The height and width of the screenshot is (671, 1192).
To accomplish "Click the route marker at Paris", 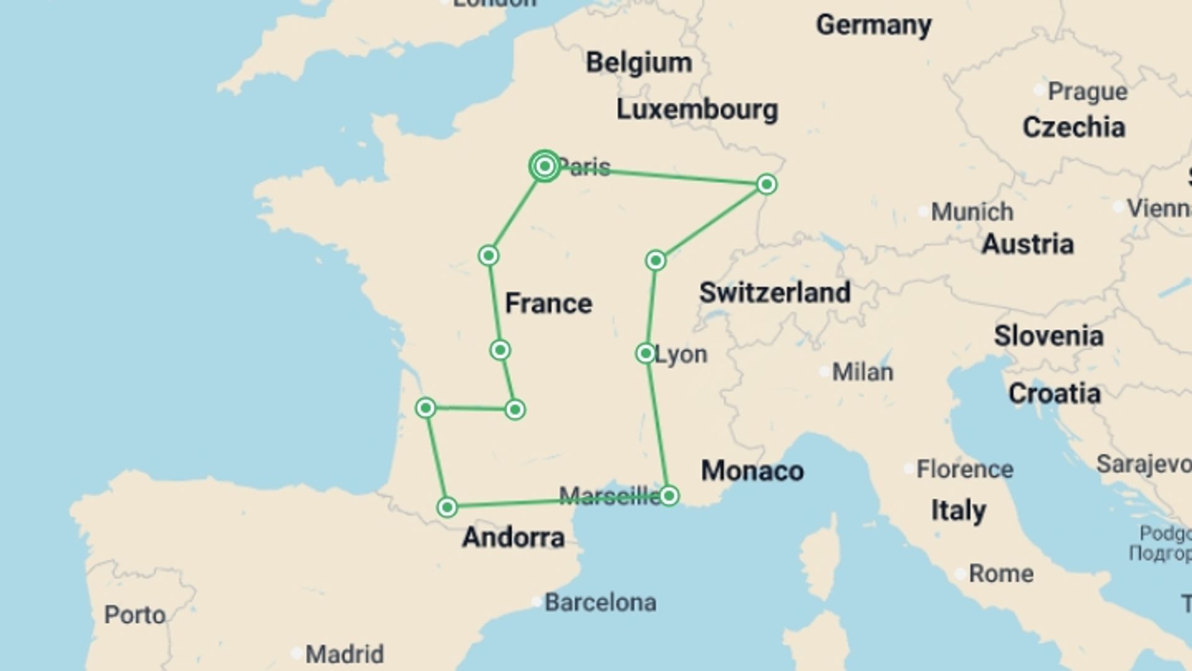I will pyautogui.click(x=544, y=166).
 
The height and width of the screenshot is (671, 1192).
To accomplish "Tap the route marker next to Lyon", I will pyautogui.click(x=646, y=354).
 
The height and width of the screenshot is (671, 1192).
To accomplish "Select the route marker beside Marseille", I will pyautogui.click(x=669, y=495).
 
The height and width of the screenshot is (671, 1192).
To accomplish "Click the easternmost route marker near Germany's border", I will pyautogui.click(x=767, y=184).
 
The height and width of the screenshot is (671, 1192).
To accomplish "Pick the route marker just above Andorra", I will pyautogui.click(x=447, y=507).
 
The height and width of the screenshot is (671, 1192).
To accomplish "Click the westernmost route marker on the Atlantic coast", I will pyautogui.click(x=426, y=408).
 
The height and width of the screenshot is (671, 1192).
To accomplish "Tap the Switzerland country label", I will pyautogui.click(x=774, y=293).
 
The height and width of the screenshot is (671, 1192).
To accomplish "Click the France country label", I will pyautogui.click(x=548, y=303).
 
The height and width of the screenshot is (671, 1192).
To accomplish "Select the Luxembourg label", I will pyautogui.click(x=697, y=109).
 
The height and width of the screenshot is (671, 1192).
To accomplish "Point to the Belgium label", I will pyautogui.click(x=639, y=63).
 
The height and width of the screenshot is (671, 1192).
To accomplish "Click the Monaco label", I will pyautogui.click(x=752, y=471).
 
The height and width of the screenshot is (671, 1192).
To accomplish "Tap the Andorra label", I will pyautogui.click(x=513, y=537).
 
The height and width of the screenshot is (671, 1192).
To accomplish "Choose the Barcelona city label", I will pyautogui.click(x=600, y=603).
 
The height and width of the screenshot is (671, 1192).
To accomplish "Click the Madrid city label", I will pyautogui.click(x=345, y=654).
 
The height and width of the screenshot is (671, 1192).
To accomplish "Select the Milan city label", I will pyautogui.click(x=862, y=372).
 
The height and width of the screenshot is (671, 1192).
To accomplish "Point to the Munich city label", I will pyautogui.click(x=972, y=212).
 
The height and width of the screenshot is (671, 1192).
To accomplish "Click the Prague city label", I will pyautogui.click(x=1087, y=92).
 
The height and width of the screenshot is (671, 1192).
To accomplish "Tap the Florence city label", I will pyautogui.click(x=964, y=469).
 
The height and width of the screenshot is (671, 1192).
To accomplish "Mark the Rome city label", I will pyautogui.click(x=1001, y=573).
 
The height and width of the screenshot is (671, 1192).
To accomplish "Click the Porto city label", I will pyautogui.click(x=135, y=615).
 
